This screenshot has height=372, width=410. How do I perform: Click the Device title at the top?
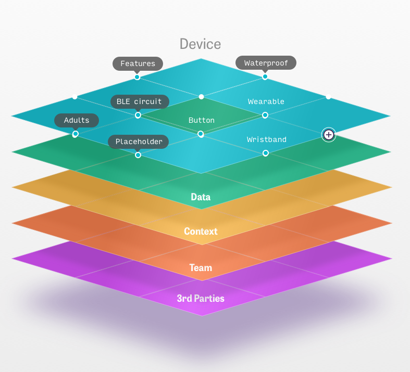click(x=200, y=44)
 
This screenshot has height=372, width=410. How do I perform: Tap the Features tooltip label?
click(x=138, y=63)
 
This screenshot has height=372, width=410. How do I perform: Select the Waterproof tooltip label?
click(x=266, y=63)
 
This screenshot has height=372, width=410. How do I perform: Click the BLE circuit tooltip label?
click(x=139, y=101)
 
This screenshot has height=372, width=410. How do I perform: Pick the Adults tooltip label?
click(x=77, y=120)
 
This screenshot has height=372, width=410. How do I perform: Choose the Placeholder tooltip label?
click(x=139, y=142)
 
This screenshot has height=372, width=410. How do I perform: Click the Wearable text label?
click(x=266, y=101)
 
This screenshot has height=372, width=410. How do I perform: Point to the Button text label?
click(x=201, y=120)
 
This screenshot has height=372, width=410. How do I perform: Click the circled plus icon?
click(x=329, y=135)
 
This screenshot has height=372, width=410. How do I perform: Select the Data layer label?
click(x=201, y=197)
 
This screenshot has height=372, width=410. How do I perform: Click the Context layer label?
click(x=201, y=231)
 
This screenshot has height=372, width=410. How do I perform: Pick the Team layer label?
click(x=201, y=268)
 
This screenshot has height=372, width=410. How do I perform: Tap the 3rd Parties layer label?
click(x=201, y=299)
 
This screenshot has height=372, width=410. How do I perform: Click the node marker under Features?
click(x=137, y=77)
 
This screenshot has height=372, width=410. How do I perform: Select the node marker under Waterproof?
click(x=265, y=76)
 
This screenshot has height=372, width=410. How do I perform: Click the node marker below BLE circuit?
click(x=138, y=115)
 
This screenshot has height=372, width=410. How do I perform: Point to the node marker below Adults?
click(x=75, y=134)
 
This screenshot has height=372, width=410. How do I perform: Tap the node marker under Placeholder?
click(x=138, y=155)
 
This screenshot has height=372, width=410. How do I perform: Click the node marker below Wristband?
click(x=265, y=153)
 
